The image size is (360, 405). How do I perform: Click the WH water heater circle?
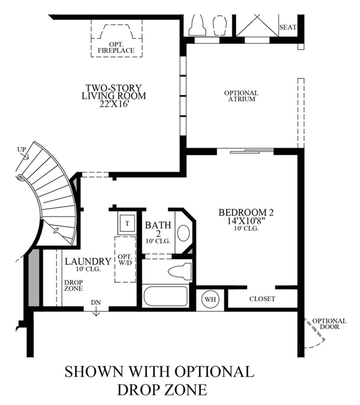click(x=210, y=299)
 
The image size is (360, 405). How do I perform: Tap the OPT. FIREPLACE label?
click(x=116, y=48)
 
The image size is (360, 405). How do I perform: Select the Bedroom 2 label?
click(x=246, y=212)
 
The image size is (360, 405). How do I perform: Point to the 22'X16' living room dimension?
click(x=114, y=104)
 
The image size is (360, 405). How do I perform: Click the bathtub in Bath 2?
click(x=166, y=296)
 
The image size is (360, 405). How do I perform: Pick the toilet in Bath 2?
click(x=180, y=271)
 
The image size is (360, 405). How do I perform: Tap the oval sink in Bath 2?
click(x=184, y=233)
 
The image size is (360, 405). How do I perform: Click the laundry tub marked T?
click(x=127, y=223)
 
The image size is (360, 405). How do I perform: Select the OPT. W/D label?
click(x=125, y=260)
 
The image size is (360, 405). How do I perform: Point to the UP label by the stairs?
click(x=22, y=150)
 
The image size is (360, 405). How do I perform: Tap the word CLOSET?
click(x=262, y=299)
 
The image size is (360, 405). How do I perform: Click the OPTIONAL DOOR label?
click(x=329, y=324)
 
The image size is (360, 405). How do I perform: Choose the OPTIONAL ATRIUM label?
click(x=241, y=96)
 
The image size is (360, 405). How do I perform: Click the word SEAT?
click(x=288, y=27)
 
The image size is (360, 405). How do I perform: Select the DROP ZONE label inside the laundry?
click(x=74, y=285)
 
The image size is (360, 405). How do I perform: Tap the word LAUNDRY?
click(x=88, y=262)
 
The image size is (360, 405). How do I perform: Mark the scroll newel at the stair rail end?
click(x=19, y=177)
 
